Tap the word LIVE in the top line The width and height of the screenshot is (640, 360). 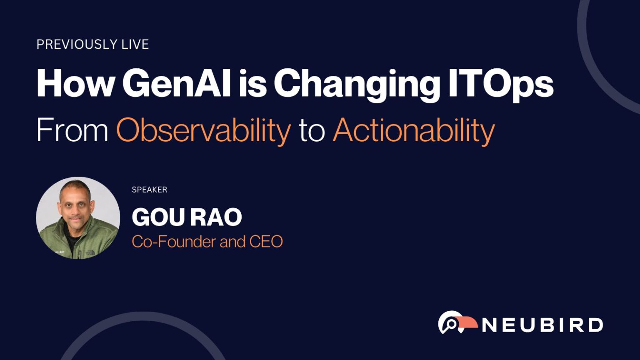point(135,44)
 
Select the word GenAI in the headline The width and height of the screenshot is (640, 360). point(177,83)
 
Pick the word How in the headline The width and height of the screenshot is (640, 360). point(75,83)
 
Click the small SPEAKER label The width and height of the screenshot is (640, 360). point(150,190)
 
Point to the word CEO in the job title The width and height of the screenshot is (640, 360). point(266,241)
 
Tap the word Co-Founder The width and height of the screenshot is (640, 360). point(174,241)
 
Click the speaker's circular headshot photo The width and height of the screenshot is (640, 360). point(78,218)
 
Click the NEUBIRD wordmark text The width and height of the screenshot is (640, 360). point(542,325)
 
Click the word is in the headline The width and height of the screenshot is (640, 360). point(252,83)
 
